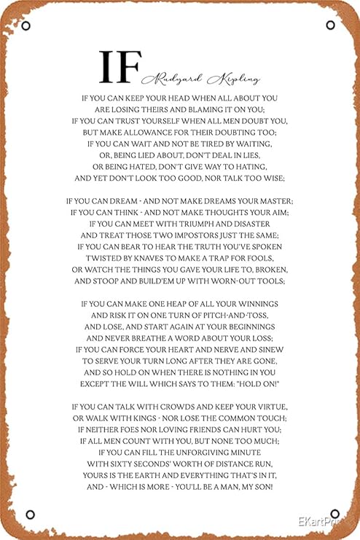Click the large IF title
(120, 67)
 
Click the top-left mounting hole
(26, 27)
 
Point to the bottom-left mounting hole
(30, 514)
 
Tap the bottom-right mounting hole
(334, 514)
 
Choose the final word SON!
(260, 486)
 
